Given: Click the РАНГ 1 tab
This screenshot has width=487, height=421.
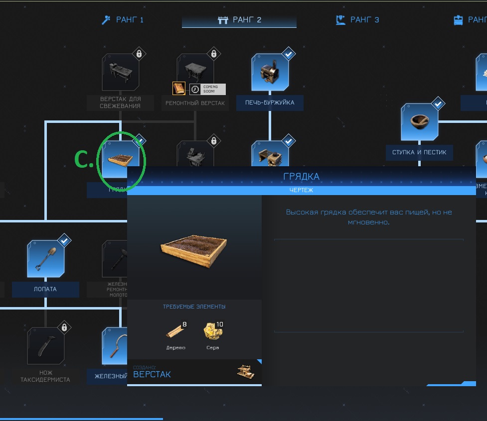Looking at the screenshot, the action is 123,20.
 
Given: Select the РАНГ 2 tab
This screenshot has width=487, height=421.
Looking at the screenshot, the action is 239,20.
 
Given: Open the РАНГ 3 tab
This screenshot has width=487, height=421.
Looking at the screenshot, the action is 357,20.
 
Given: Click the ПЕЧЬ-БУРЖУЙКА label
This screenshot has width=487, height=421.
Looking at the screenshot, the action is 270,103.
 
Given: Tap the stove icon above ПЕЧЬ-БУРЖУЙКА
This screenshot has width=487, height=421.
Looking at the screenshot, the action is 270,73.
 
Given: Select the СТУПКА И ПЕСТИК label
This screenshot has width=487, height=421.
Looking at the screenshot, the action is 419,153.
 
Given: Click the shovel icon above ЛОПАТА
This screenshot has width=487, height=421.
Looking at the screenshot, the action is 45,259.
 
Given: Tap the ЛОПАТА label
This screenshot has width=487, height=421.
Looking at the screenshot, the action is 45,289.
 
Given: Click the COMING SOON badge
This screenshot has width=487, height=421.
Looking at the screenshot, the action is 208,89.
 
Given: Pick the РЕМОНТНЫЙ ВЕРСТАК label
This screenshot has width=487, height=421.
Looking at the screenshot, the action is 195,104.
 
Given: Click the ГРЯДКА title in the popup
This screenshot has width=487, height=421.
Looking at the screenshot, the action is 301,177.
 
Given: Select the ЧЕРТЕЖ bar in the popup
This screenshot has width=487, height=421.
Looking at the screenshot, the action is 301,190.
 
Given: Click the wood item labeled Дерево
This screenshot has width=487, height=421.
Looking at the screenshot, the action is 176,332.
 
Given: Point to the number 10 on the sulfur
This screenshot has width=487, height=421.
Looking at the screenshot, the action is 219,324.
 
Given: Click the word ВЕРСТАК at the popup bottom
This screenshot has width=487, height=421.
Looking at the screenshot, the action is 152,375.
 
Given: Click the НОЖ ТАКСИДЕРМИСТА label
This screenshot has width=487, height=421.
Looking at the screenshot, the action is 45,376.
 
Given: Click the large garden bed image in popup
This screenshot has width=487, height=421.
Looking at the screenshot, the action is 194,247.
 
